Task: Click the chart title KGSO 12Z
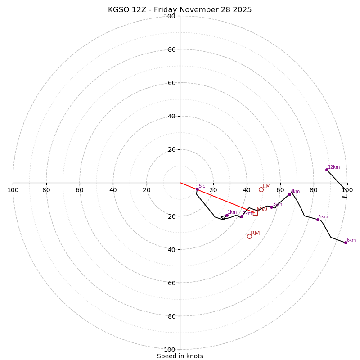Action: (x=180, y=10)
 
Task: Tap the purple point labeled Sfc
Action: (x=197, y=189)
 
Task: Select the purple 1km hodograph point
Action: (x=227, y=215)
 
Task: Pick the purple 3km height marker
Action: (x=271, y=207)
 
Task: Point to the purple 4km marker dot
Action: (x=289, y=194)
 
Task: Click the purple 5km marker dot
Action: (x=318, y=220)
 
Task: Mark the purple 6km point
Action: (x=346, y=243)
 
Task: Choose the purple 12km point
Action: (x=327, y=170)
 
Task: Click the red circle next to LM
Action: (x=261, y=189)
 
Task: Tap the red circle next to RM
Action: (x=249, y=236)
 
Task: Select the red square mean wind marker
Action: (x=255, y=213)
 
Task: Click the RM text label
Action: (x=255, y=233)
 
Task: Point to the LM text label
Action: (x=266, y=186)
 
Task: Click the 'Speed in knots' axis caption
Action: (x=180, y=356)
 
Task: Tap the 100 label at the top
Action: (x=170, y=16)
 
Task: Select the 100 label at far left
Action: (x=13, y=190)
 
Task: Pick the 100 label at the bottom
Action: (x=170, y=349)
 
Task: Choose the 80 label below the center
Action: (x=171, y=316)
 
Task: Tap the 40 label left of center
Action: (x=113, y=190)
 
